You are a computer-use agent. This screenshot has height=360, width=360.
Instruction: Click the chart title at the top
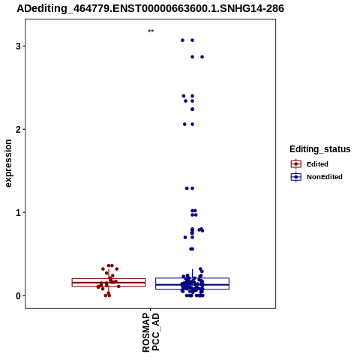tap(150, 8)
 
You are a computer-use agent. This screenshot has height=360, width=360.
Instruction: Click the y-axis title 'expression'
tap(8, 163)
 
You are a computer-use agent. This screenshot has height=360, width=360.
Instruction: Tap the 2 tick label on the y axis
tap(18, 129)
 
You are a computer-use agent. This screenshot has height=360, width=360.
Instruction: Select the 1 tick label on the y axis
tap(18, 212)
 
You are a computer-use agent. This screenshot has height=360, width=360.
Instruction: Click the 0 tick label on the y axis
tap(18, 295)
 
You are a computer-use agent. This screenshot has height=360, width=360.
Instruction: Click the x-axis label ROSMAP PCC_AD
tap(151, 332)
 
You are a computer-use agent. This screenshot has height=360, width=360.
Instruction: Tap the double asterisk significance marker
tap(151, 31)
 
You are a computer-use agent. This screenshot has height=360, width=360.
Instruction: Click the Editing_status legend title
tap(320, 149)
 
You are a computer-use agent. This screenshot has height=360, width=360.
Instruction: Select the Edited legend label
tap(317, 164)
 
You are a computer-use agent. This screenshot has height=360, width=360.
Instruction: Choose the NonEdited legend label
tap(325, 177)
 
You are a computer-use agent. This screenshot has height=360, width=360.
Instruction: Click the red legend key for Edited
tap(296, 164)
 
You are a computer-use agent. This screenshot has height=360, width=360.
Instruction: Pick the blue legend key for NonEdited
tap(296, 177)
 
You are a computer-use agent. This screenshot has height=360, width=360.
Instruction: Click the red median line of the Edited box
tap(109, 283)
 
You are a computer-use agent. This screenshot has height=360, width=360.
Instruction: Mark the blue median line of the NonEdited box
tap(192, 284)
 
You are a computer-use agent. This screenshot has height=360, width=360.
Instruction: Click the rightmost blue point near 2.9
tap(202, 57)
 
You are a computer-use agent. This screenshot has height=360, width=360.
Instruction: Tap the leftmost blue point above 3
tap(182, 40)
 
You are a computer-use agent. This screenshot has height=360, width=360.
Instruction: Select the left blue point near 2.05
tap(184, 124)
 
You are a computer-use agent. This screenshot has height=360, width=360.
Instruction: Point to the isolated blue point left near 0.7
tap(185, 237)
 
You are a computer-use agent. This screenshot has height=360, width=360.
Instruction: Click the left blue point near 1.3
tap(187, 188)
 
